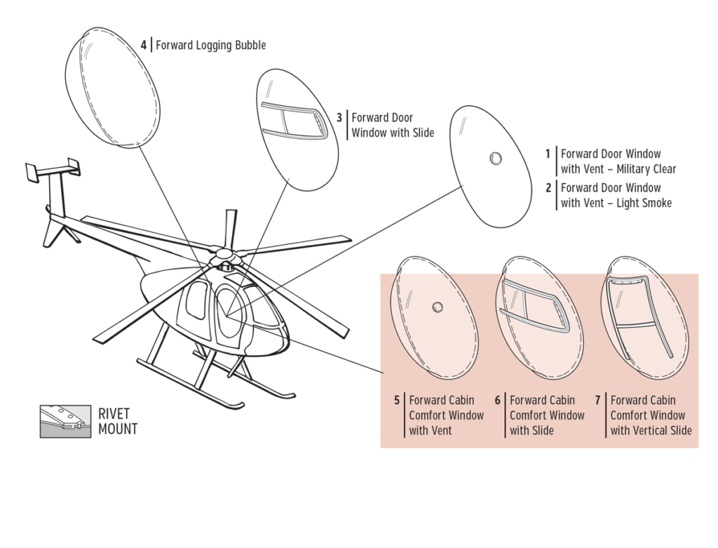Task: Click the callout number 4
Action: tap(143, 46)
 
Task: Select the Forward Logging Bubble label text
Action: tap(210, 46)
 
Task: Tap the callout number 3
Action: tap(339, 118)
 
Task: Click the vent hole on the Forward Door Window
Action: tap(496, 158)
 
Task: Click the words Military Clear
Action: tap(646, 169)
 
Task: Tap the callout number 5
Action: tap(396, 401)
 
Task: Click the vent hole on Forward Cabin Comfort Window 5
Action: tap(438, 307)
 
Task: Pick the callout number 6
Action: tap(497, 401)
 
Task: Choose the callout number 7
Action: tap(598, 401)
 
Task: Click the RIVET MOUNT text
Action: tap(118, 421)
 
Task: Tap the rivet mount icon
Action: tap(65, 421)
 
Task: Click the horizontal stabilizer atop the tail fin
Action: tap(53, 168)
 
